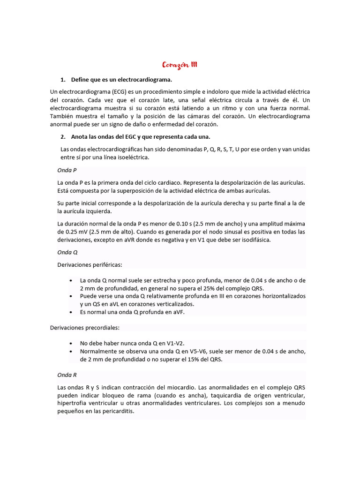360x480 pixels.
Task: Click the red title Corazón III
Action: [180, 65]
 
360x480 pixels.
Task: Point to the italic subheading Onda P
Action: [67, 171]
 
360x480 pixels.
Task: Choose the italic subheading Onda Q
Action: [67, 252]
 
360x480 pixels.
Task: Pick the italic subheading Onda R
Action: [67, 375]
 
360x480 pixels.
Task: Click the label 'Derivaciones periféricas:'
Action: [90, 265]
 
